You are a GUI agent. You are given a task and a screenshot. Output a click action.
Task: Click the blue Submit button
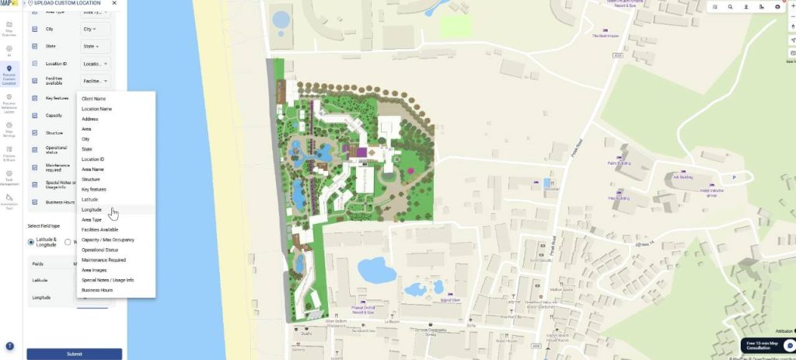(x=74, y=354)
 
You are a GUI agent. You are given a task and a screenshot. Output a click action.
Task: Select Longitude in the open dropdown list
(x=92, y=210)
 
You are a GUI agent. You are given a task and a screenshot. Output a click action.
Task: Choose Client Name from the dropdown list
(x=94, y=99)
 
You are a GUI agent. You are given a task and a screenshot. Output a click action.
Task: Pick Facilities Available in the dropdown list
(x=100, y=230)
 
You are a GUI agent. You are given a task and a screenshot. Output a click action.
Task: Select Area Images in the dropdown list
(x=94, y=270)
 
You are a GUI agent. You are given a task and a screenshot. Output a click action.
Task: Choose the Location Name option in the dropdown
(x=97, y=109)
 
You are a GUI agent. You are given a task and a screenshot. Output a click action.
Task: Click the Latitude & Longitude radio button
(x=31, y=242)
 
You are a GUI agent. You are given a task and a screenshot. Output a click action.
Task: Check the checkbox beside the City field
(x=35, y=29)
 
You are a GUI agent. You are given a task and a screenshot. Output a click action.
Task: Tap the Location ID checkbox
(x=35, y=64)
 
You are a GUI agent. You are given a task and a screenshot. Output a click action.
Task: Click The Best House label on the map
(x=605, y=36)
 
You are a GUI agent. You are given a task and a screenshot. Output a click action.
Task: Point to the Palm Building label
(x=619, y=164)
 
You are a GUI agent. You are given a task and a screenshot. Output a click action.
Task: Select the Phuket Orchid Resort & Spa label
(x=371, y=309)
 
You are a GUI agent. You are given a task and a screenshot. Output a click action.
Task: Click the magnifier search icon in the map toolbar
(x=730, y=6)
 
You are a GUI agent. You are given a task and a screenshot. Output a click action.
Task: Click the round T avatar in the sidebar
(x=9, y=346)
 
